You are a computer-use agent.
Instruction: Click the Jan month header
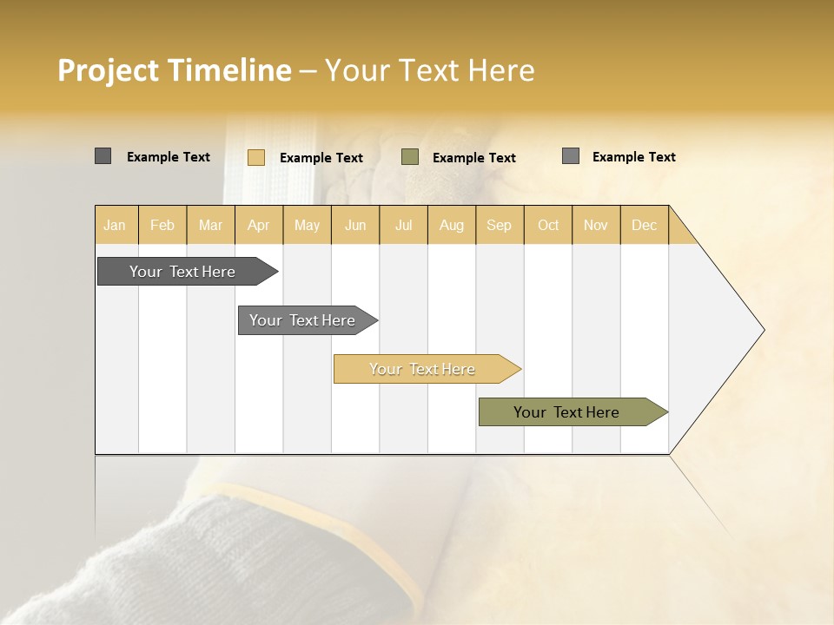coord(116,225)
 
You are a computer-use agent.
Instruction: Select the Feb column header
coord(162,225)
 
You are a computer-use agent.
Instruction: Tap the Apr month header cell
coord(259,225)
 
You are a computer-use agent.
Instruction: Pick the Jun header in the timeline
coord(355,225)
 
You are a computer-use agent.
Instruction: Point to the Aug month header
coord(452,225)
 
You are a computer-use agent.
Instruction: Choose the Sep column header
coord(500,225)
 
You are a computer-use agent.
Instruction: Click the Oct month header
coord(548,225)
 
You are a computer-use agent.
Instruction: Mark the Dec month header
coord(645,225)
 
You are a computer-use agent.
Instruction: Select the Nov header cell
coord(596,225)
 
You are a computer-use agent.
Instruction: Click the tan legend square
coord(256,157)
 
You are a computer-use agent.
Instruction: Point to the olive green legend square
coord(410,157)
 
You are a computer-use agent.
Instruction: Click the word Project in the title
coord(109,70)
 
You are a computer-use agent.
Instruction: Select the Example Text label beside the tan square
coord(321,158)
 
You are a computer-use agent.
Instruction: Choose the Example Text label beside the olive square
coord(474,158)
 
